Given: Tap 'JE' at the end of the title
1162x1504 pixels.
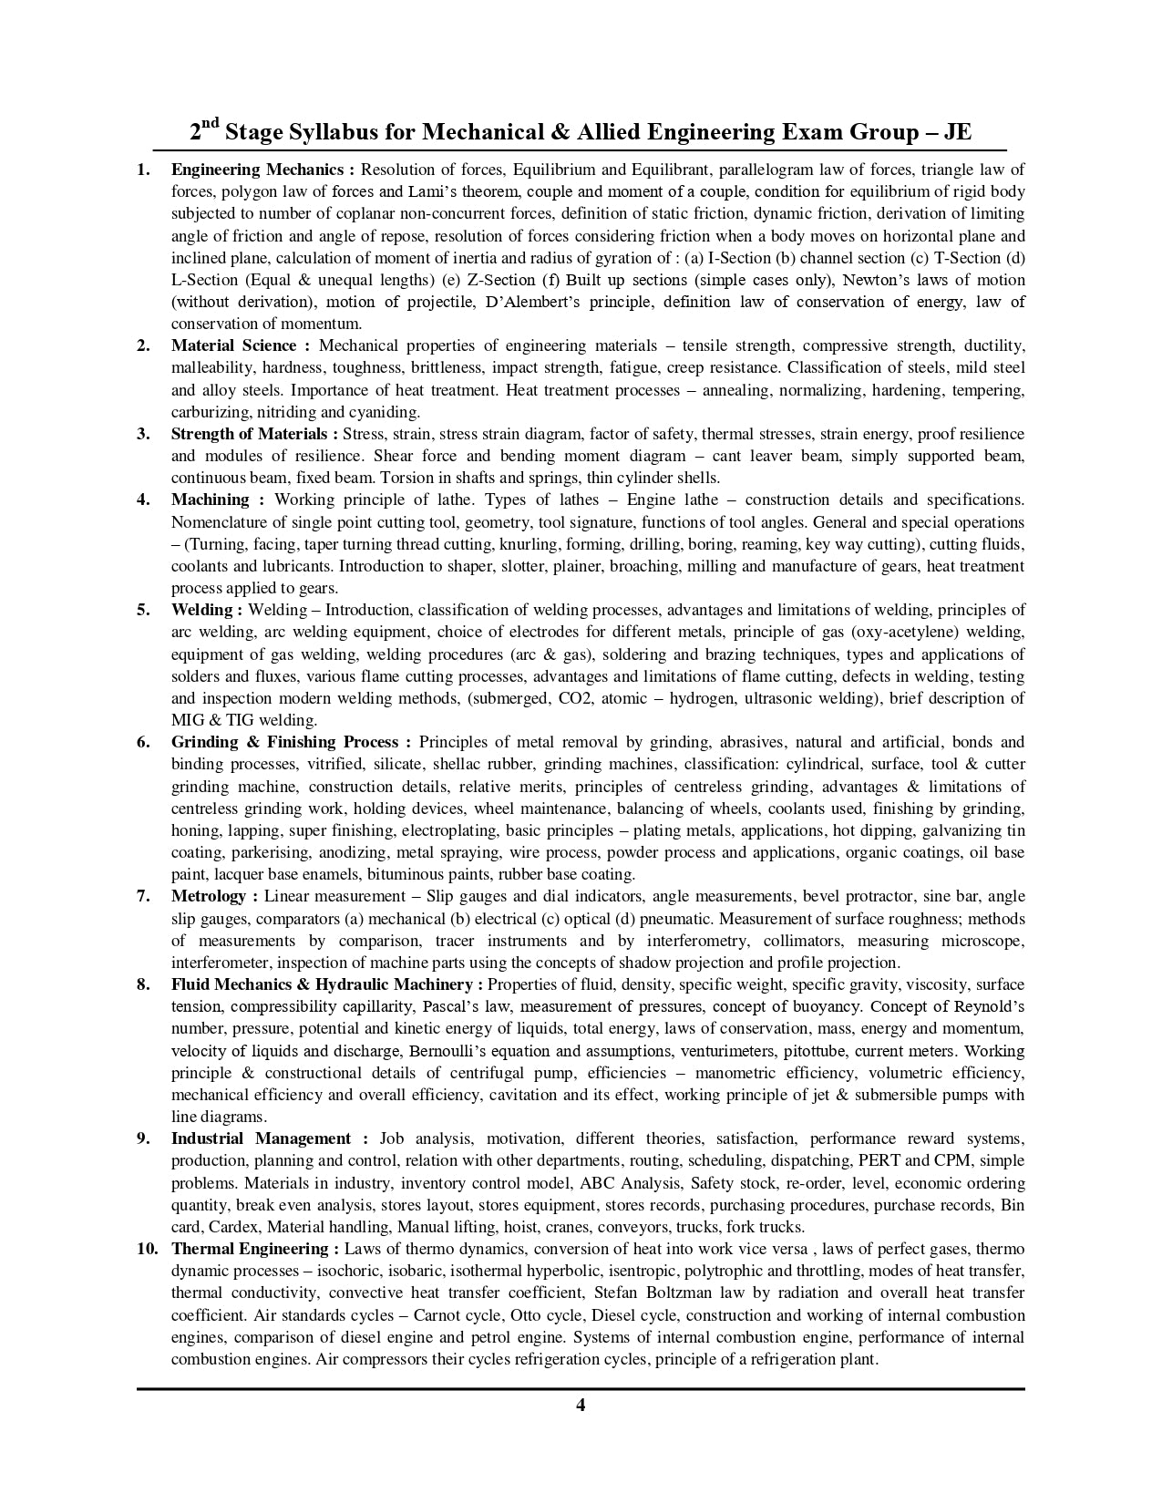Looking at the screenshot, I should [957, 133].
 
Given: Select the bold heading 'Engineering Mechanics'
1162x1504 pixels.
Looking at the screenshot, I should [257, 170].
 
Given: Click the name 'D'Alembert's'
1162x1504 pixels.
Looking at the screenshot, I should [527, 302].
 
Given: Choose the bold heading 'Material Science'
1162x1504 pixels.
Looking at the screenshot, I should [233, 345].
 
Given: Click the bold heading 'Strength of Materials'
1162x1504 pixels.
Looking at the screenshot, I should [249, 434].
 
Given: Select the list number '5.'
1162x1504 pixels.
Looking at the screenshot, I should [143, 610].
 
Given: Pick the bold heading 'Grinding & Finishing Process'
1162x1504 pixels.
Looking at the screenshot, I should [284, 742].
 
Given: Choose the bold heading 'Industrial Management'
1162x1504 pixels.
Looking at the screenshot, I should [261, 1138].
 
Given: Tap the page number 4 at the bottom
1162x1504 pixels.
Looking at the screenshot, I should [581, 1405].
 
